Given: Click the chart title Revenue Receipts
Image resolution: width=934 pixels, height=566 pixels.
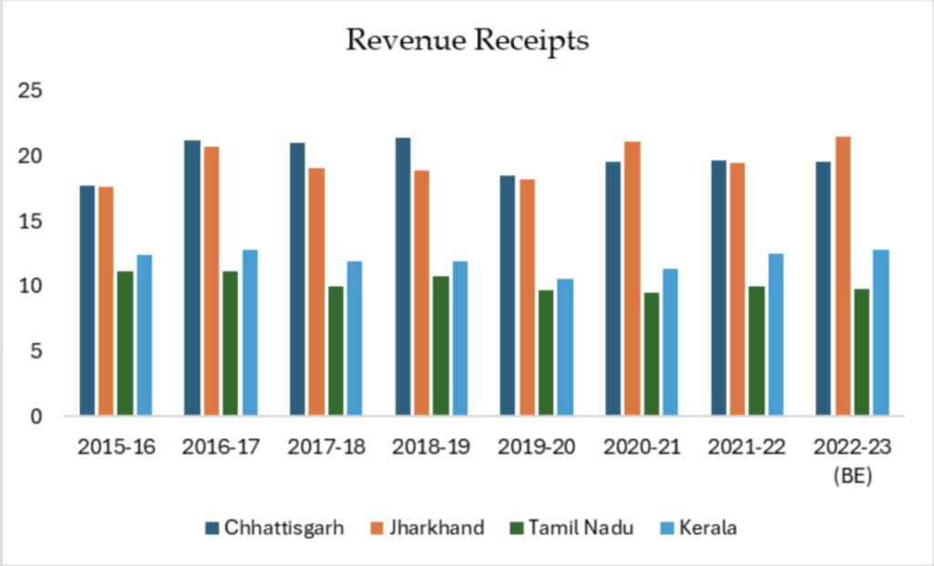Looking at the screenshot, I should (466, 41).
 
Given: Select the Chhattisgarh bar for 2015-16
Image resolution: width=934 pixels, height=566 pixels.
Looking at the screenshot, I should (88, 301).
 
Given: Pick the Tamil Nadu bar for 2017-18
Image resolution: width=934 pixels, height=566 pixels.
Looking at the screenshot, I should (335, 351).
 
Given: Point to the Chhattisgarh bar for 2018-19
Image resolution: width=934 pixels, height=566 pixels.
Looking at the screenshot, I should (403, 277).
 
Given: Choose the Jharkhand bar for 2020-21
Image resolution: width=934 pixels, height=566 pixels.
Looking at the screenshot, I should (632, 279).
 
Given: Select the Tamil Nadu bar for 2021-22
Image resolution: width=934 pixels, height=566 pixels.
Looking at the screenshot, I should (756, 351).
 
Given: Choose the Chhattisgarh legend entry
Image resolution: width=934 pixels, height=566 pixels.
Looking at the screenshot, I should (274, 528).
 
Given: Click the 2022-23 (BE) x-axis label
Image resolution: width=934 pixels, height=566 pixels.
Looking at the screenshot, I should (853, 460).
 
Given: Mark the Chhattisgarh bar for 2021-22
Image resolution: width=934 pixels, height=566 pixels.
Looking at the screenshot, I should (719, 288).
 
